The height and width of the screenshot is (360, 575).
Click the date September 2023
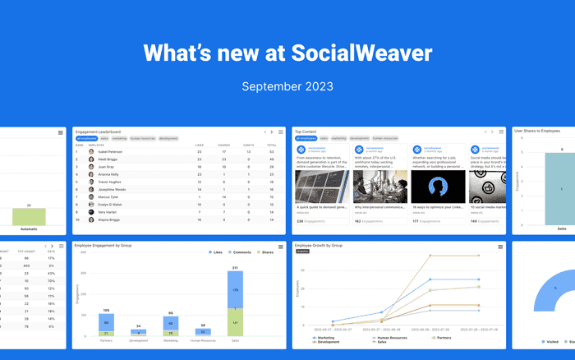287,85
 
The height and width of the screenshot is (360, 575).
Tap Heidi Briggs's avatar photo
90,159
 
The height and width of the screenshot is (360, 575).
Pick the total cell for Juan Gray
271,167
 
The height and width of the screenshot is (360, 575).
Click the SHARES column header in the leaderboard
223,145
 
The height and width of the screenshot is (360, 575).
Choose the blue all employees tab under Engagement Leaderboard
87,139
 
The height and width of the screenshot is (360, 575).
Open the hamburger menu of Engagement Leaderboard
280,132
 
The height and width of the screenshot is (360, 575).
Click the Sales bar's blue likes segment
235,289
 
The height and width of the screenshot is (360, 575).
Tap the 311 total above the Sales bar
235,268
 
